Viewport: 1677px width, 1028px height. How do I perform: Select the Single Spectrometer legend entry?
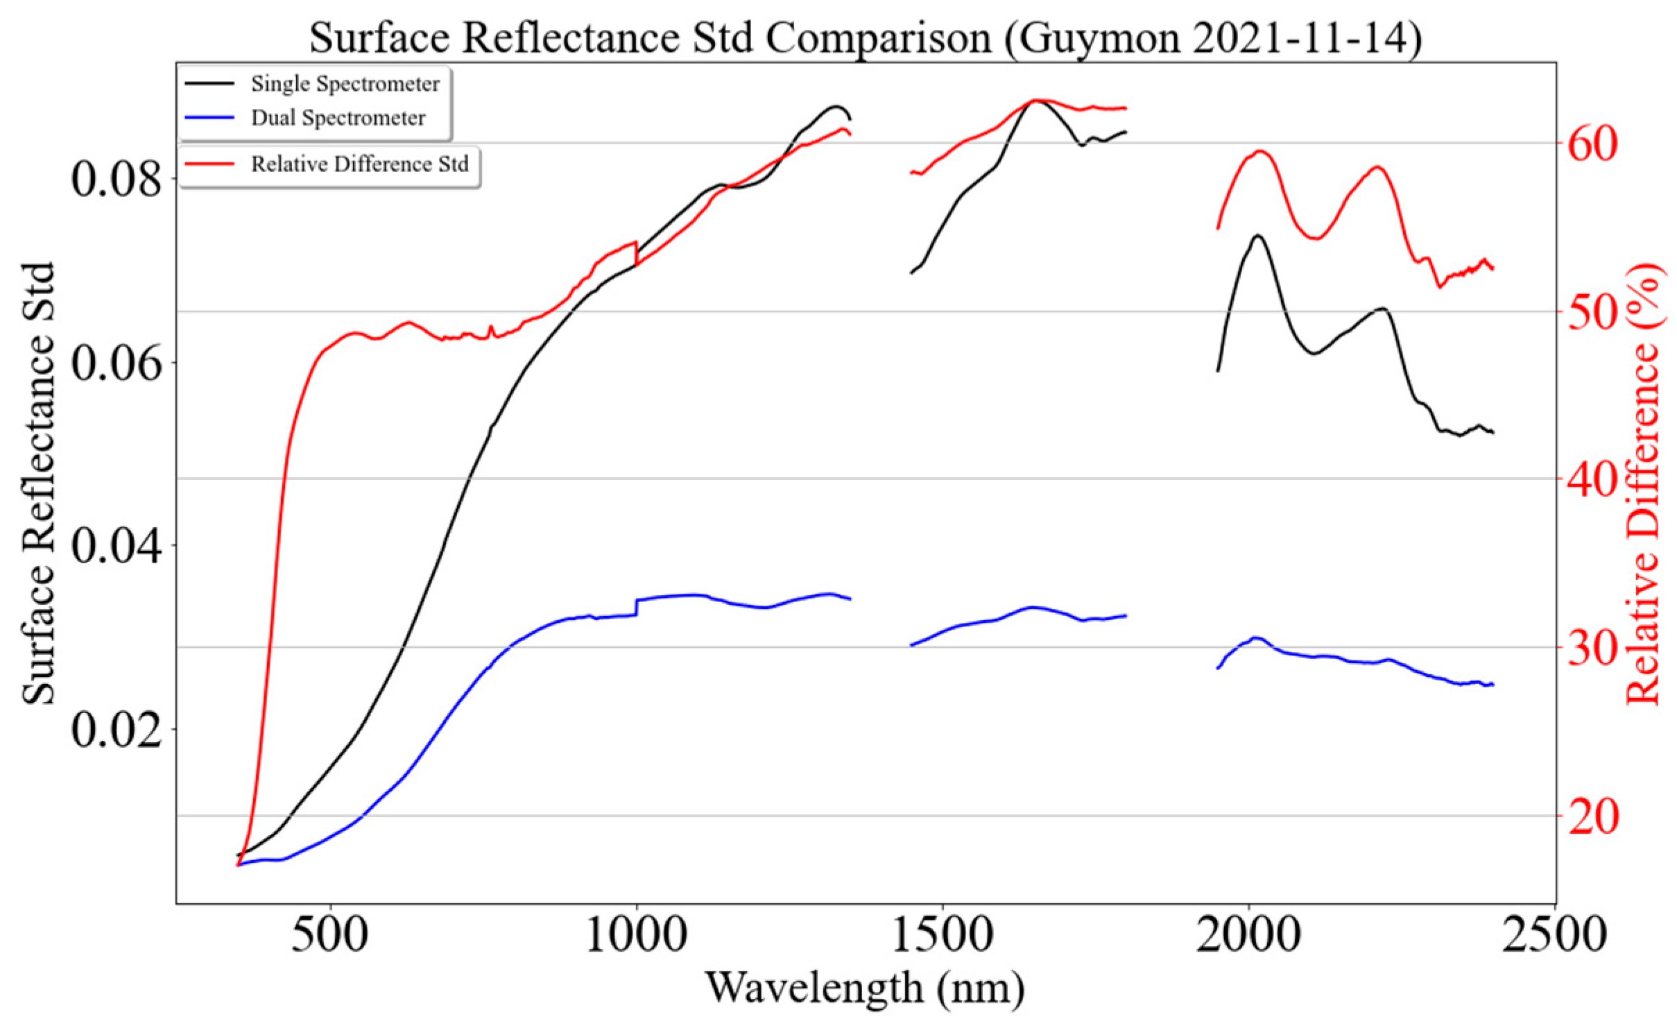345,84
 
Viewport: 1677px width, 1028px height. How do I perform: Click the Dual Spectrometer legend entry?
338,118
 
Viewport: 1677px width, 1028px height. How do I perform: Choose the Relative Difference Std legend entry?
359,164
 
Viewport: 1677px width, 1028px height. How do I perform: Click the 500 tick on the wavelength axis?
330,935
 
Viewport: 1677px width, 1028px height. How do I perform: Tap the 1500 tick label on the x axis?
943,935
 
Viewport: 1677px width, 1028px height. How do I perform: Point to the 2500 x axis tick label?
1554,935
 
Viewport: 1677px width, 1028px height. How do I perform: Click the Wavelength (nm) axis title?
865,988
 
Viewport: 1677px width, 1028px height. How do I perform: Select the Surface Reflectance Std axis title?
38,483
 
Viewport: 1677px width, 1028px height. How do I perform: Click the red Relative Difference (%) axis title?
1644,483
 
